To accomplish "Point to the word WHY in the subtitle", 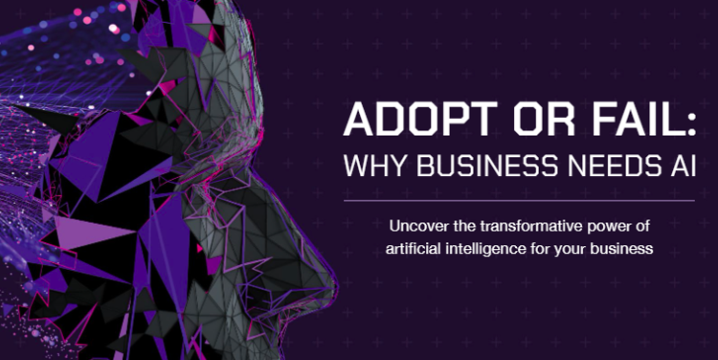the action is pyautogui.click(x=374, y=166).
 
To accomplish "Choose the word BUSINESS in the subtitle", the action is pyautogui.click(x=487, y=166).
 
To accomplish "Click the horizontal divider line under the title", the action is pyautogui.click(x=519, y=201).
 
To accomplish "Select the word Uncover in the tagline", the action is pyautogui.click(x=417, y=226).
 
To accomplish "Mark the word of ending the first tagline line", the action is pyautogui.click(x=640, y=226).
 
